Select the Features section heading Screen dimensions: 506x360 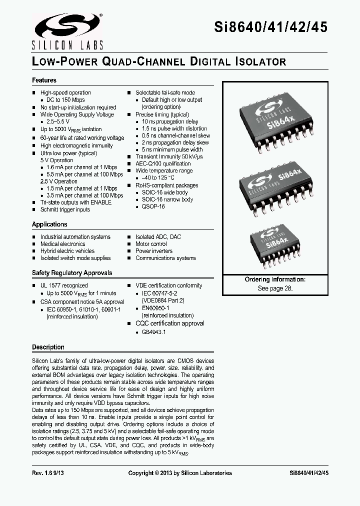click(x=44, y=80)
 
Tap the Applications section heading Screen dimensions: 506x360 click(x=49, y=224)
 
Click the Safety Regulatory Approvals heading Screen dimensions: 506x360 click(x=72, y=273)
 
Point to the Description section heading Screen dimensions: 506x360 click(x=48, y=347)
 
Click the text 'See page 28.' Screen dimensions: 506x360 click(x=275, y=288)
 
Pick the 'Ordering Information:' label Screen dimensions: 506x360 click(x=275, y=279)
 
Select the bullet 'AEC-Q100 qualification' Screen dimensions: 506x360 click(x=163, y=163)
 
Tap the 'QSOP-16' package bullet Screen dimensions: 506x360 click(x=153, y=206)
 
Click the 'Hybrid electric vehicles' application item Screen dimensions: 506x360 click(x=67, y=251)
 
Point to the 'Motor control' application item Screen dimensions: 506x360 click(x=151, y=244)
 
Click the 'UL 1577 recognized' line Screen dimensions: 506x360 click(x=64, y=285)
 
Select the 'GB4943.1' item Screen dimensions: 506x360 click(x=154, y=332)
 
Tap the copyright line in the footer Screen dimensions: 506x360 click(x=180, y=473)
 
